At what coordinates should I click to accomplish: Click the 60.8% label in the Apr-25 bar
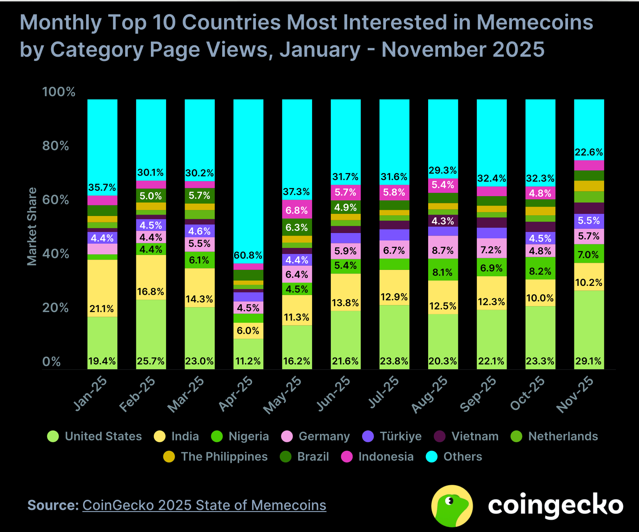(248, 255)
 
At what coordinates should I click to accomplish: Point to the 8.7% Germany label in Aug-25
(443, 251)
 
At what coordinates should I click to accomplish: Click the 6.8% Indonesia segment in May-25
(297, 210)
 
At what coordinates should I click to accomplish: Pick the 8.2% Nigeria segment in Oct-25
(540, 271)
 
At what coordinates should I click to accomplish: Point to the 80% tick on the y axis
(55, 146)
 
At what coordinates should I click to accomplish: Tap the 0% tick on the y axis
(51, 361)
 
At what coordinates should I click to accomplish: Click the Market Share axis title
(32, 226)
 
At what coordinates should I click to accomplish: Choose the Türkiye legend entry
(400, 436)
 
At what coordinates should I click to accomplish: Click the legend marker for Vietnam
(439, 436)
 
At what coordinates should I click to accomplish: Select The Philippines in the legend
(224, 456)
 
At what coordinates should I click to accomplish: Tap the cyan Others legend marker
(431, 456)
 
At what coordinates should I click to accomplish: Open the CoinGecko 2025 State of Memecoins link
(204, 505)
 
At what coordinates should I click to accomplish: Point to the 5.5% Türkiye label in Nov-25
(589, 221)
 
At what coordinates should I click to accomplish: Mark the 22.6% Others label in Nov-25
(589, 152)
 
